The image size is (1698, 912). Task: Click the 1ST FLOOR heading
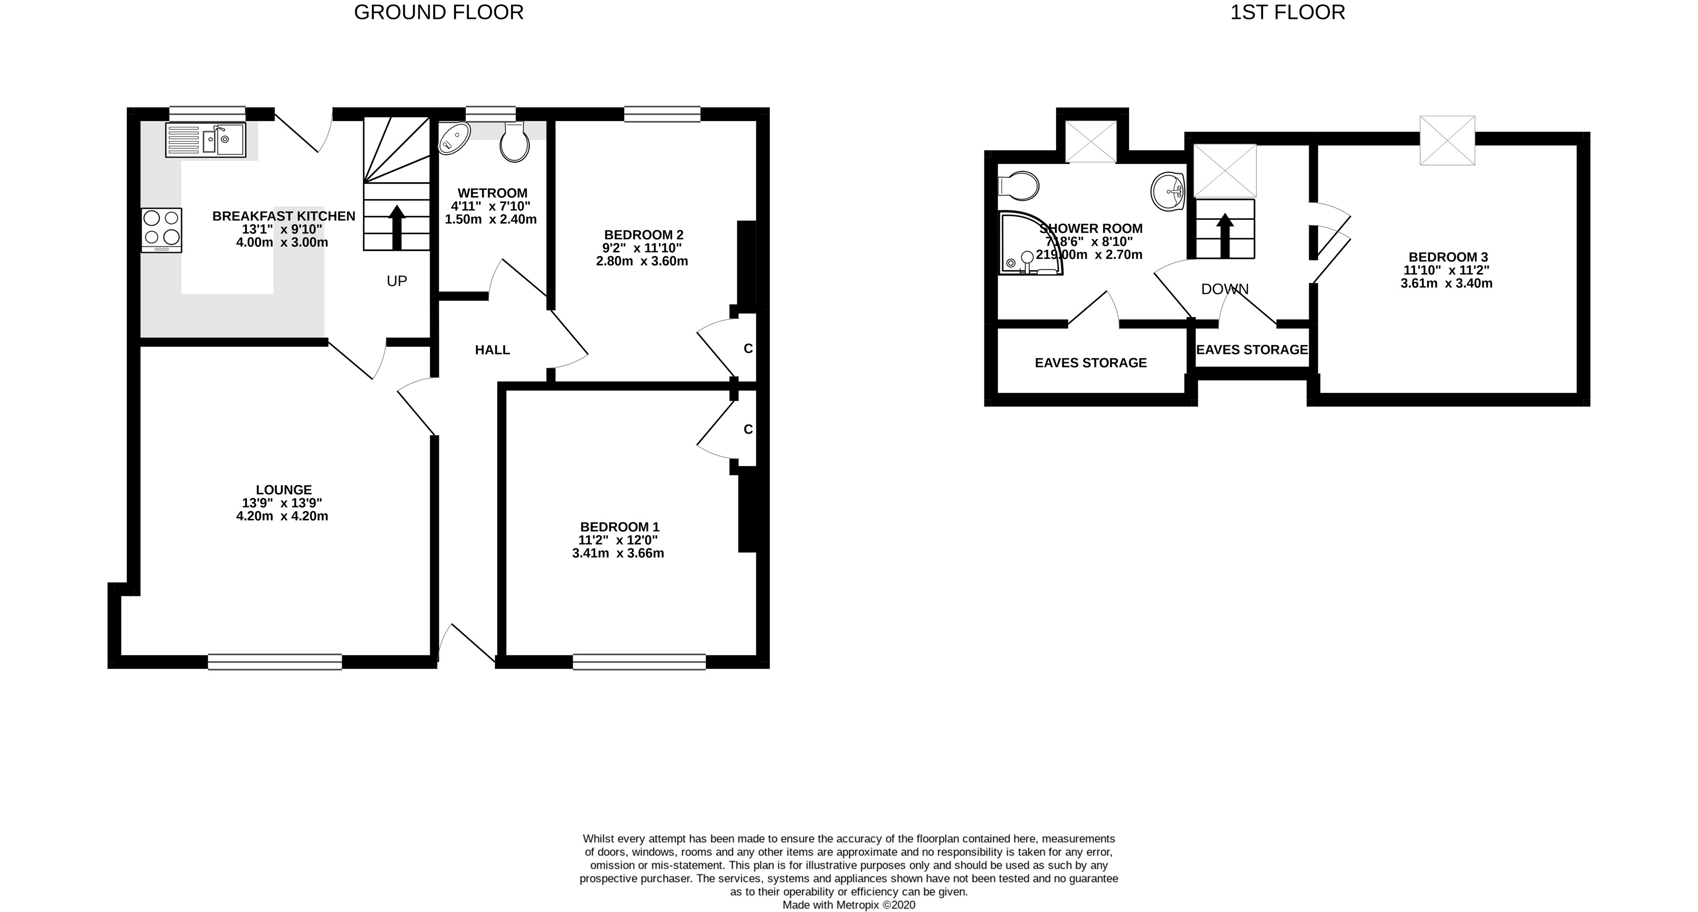pos(1287,12)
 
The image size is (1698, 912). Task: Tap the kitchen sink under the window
pos(206,140)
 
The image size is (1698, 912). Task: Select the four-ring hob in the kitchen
pos(162,230)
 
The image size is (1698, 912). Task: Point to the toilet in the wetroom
pos(515,142)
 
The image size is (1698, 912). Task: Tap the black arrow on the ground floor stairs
pos(397,228)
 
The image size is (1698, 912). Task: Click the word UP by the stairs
pos(397,281)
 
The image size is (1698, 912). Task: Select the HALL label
pos(492,350)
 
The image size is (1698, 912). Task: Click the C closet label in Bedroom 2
pos(748,349)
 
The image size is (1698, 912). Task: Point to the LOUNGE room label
pos(283,489)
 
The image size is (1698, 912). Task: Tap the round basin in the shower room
pos(1168,192)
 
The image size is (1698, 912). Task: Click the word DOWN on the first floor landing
pos(1225,289)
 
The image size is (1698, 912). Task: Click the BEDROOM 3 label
pos(1448,257)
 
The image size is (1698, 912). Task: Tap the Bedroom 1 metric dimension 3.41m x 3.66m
pos(618,553)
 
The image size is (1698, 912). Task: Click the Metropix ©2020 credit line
pos(848,905)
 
